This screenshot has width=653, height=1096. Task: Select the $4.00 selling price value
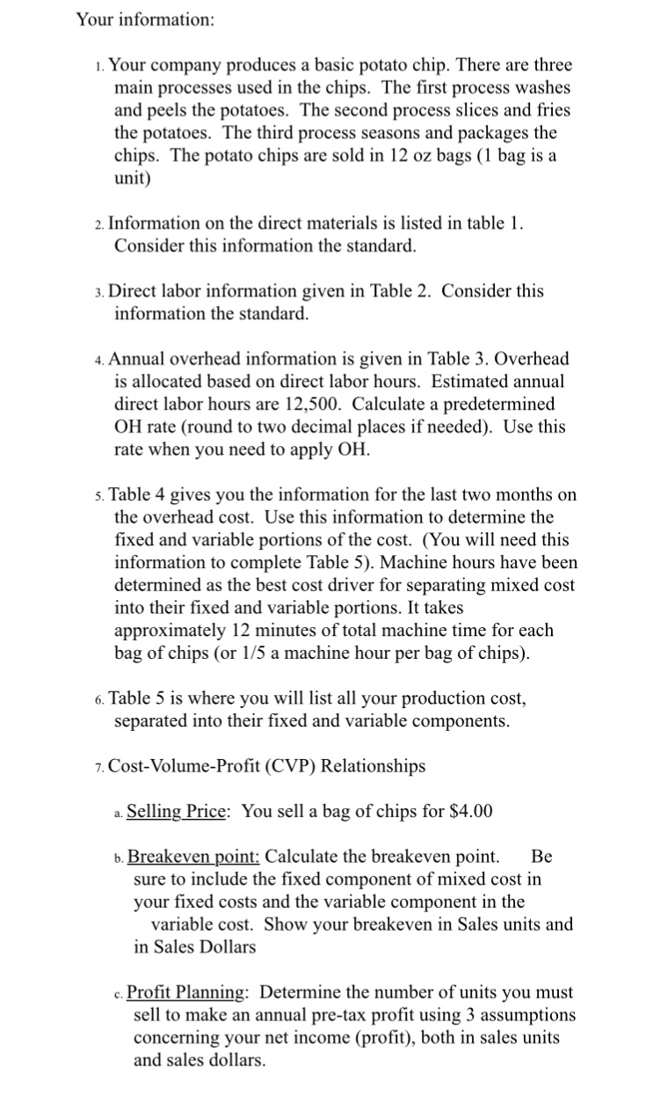tap(469, 811)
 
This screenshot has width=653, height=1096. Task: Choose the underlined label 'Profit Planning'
tap(185, 992)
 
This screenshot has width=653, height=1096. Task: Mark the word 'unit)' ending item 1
tap(133, 179)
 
